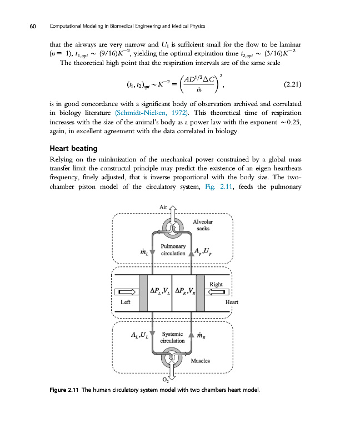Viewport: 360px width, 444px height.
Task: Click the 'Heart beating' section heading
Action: tap(73, 148)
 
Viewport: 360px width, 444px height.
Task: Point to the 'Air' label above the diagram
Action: tap(163, 206)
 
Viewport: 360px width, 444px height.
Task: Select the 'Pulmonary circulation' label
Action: tap(173, 249)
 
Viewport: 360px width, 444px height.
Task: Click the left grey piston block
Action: tap(143, 292)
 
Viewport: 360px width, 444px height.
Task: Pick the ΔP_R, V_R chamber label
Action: tap(184, 291)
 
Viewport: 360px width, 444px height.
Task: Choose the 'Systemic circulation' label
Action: tap(172, 337)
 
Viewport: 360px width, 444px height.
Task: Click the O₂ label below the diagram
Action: tap(165, 380)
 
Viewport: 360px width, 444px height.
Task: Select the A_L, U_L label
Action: tap(139, 334)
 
